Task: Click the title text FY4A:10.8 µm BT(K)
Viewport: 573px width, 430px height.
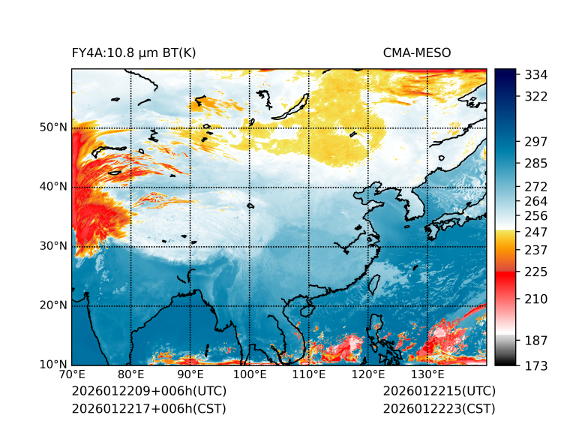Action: point(134,53)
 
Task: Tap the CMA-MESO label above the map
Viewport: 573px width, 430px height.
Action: point(417,53)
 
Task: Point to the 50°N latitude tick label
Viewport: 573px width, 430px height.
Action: point(53,128)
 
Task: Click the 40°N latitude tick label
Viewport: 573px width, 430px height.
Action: point(53,187)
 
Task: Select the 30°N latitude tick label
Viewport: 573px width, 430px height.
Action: point(53,246)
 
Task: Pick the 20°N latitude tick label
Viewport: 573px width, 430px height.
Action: point(53,305)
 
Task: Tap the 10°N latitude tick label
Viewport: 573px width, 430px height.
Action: point(53,365)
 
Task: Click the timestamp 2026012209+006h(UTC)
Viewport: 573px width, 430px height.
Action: point(148,391)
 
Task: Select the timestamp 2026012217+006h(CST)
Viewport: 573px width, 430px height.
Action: point(148,408)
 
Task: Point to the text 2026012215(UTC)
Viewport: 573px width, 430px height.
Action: point(439,391)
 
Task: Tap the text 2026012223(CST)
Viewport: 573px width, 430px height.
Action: point(439,408)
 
